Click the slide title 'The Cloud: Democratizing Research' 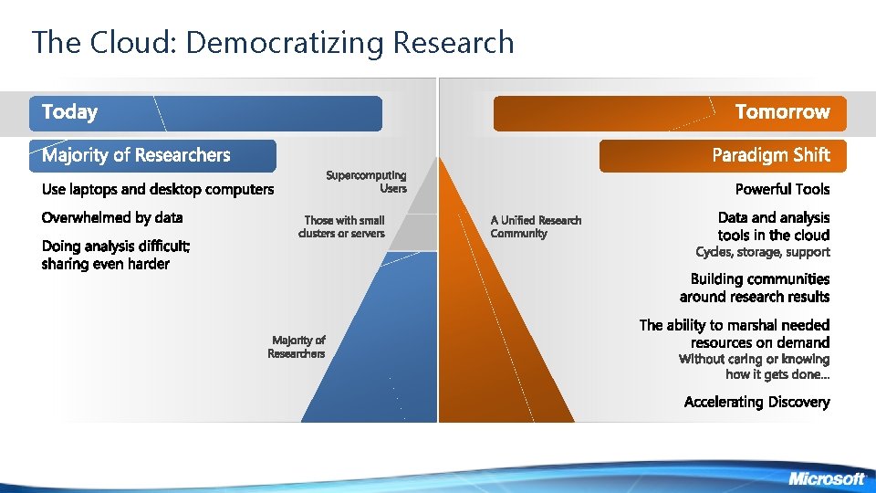273,42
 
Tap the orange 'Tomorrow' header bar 671,113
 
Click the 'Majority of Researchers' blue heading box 152,155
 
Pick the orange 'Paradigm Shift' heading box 723,155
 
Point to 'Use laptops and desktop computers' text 158,190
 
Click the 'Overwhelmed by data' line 112,217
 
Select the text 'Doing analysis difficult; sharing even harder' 116,255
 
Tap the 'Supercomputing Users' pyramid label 367,182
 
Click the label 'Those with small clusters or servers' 343,226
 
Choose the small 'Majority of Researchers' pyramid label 297,347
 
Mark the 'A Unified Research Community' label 536,226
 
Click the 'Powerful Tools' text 783,189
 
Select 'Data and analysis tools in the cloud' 774,226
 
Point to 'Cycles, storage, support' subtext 763,252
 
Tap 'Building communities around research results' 756,288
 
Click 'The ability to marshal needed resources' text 735,333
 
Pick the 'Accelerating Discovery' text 757,402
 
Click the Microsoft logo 826,478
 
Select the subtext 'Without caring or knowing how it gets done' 755,366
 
